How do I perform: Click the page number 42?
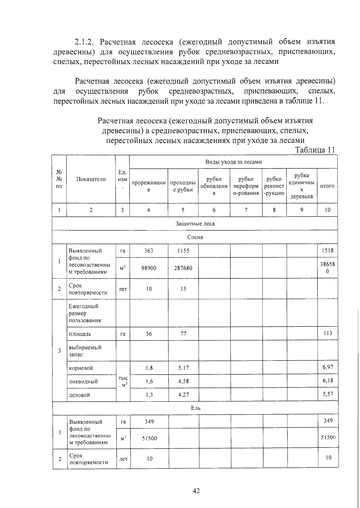196,491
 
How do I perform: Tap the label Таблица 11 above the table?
315,150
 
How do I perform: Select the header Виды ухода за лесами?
233,162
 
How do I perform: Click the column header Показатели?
91,179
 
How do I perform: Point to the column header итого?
327,186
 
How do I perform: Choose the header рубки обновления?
214,186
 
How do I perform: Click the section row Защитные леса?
195,224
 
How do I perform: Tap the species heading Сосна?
195,237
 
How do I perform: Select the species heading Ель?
196,408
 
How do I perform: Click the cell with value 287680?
183,268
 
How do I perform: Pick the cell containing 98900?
149,268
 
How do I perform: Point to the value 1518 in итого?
327,251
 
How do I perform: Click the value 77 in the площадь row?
183,334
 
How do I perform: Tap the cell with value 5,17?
183,368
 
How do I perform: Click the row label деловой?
79,395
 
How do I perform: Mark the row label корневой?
81,368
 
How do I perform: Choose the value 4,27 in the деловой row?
183,395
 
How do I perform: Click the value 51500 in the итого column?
328,437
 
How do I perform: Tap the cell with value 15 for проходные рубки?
183,289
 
